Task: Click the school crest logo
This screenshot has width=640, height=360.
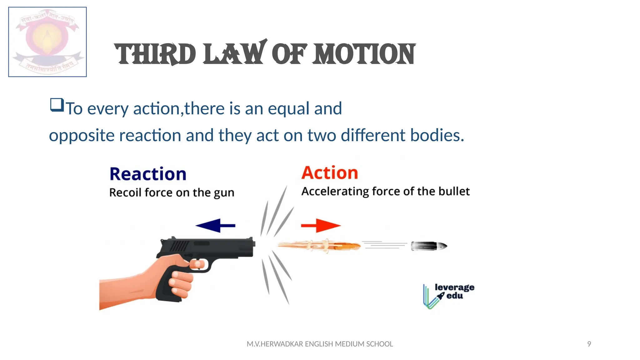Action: (47, 42)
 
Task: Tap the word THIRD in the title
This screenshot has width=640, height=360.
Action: (155, 55)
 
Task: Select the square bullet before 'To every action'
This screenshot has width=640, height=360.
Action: (57, 105)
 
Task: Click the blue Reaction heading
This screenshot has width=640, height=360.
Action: (148, 174)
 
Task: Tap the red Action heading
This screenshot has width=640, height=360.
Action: (330, 173)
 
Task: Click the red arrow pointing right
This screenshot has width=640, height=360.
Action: (321, 225)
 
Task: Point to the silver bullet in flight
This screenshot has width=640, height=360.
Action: (429, 246)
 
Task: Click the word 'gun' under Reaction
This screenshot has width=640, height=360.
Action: (224, 193)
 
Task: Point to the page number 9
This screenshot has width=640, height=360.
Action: (589, 344)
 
